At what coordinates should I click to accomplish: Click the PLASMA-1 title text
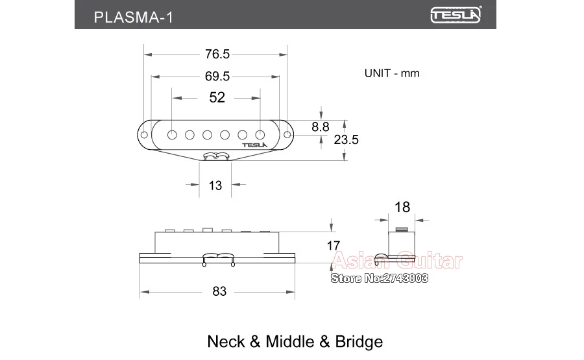click(133, 16)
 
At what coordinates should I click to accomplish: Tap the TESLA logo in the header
click(456, 15)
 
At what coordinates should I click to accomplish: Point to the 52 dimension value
click(217, 97)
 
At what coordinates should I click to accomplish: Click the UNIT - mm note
click(392, 73)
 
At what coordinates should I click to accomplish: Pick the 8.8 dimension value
click(321, 127)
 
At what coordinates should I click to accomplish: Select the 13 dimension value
click(215, 186)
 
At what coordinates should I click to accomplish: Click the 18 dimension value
click(402, 207)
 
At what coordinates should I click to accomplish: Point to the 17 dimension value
click(333, 246)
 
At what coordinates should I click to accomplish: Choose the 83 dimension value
click(219, 291)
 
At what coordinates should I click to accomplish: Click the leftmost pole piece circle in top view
click(172, 134)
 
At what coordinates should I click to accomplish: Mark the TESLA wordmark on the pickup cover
click(254, 145)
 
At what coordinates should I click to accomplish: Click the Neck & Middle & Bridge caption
click(295, 341)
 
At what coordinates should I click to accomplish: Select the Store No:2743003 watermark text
click(380, 278)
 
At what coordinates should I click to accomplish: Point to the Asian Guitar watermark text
click(397, 261)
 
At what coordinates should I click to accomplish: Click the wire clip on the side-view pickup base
click(217, 258)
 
